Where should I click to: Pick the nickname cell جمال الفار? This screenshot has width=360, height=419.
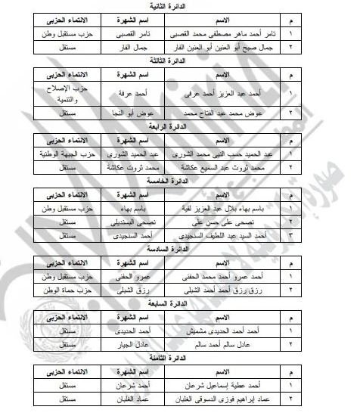click(x=119, y=46)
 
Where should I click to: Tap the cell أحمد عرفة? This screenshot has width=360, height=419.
click(x=119, y=93)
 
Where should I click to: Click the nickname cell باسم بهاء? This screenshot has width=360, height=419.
click(x=119, y=206)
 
